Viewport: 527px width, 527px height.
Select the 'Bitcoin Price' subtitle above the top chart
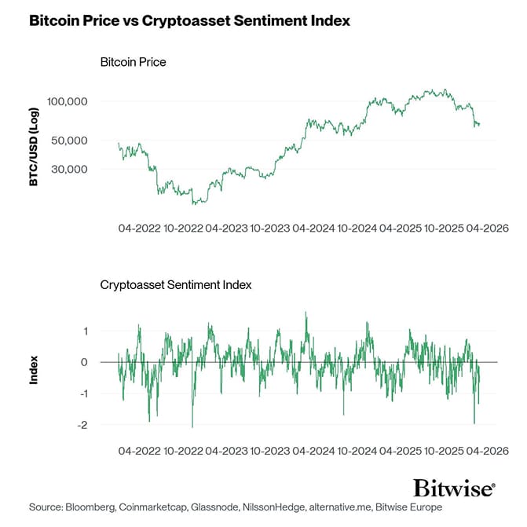(x=133, y=61)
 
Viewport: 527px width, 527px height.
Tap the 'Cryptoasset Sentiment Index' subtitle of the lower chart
(x=176, y=284)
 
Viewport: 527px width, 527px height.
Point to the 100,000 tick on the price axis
(x=68, y=101)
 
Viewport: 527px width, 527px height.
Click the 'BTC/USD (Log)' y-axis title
(x=34, y=148)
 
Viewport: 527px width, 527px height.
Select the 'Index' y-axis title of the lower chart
(x=34, y=371)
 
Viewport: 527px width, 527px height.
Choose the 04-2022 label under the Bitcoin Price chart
(x=138, y=229)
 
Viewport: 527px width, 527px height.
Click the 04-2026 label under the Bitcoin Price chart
(x=487, y=229)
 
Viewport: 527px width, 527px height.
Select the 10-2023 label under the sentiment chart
(x=269, y=452)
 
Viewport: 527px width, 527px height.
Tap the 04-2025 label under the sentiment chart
(x=400, y=452)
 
